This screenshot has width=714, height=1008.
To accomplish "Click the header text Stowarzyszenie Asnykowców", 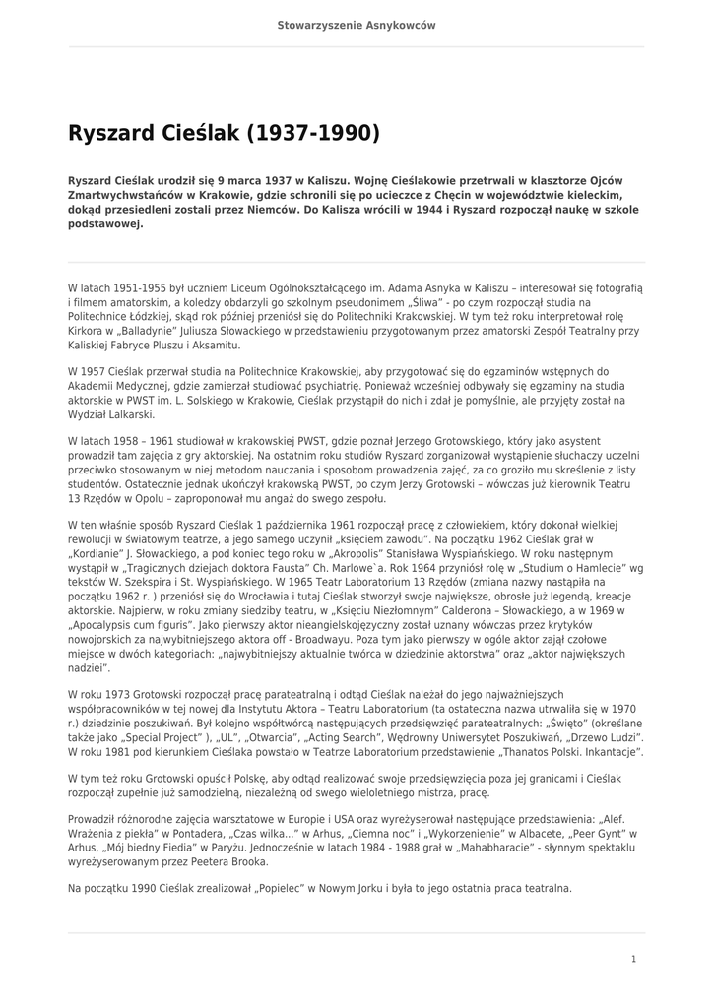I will coord(357,25).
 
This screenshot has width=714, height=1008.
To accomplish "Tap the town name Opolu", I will coord(143,498).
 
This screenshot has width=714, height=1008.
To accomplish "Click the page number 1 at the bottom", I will coord(633,958).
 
